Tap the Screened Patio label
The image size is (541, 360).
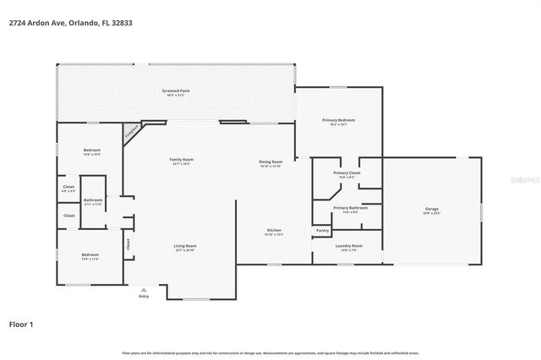pyautogui.click(x=175, y=90)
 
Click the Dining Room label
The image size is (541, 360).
pyautogui.click(x=270, y=162)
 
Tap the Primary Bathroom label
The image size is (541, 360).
pyautogui.click(x=349, y=208)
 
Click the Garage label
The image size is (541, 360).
pyautogui.click(x=432, y=210)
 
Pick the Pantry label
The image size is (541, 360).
pyautogui.click(x=322, y=230)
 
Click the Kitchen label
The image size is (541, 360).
pyautogui.click(x=274, y=231)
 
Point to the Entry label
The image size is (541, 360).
pyautogui.click(x=143, y=296)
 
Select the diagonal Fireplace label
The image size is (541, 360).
pyautogui.click(x=132, y=132)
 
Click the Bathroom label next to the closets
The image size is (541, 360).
pyautogui.click(x=93, y=202)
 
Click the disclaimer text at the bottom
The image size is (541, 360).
pyautogui.click(x=270, y=352)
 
